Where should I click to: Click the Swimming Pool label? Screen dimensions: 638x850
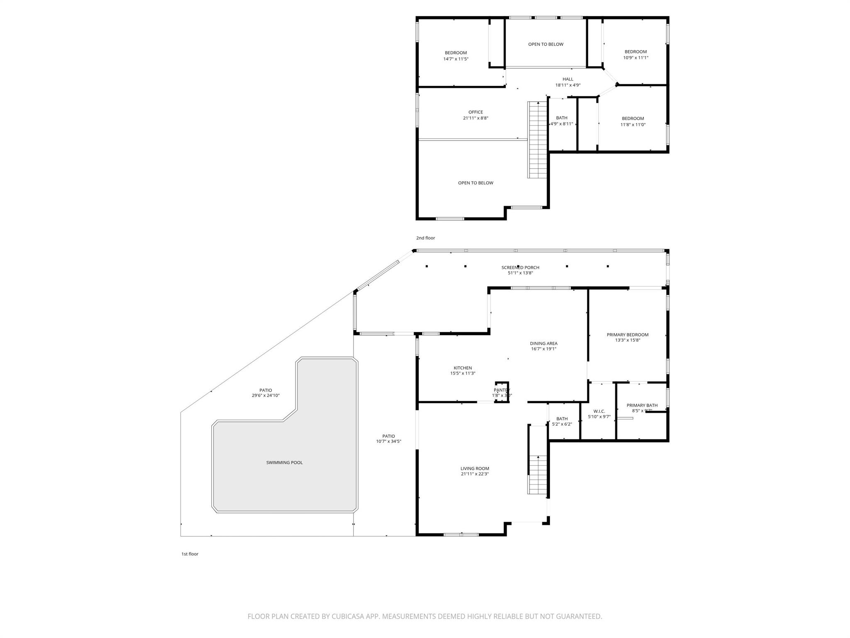tap(284, 462)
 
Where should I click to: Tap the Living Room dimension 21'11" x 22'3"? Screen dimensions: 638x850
tap(475, 474)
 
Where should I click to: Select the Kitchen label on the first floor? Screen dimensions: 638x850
tap(462, 368)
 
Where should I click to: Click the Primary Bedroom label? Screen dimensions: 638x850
tap(627, 334)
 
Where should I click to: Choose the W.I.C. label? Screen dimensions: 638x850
tap(599, 411)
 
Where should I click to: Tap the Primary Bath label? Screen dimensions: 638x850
tap(642, 405)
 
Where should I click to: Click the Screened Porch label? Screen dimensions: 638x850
tap(520, 267)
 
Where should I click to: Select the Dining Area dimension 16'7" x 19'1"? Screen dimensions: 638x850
tap(543, 349)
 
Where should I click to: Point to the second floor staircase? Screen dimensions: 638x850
tap(537, 140)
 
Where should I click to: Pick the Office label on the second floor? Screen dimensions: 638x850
tap(476, 112)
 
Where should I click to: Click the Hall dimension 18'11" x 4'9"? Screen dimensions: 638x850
tap(568, 85)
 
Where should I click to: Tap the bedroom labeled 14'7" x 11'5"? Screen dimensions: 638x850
tap(456, 56)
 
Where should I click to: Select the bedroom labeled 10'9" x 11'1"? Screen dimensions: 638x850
tap(635, 54)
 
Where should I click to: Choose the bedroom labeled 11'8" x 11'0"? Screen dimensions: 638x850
tap(633, 121)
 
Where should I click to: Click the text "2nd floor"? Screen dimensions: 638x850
tap(425, 238)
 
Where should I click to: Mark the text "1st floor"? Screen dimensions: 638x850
tap(190, 554)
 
